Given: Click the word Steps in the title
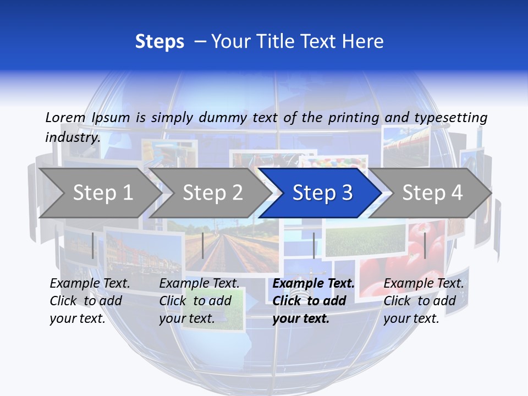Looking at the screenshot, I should tap(159, 42).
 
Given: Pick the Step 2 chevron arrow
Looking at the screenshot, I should tap(209, 193).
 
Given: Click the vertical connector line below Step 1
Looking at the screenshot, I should tap(93, 245).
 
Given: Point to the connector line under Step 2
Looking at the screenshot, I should tap(203, 245).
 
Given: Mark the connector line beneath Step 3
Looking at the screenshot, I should tap(314, 245).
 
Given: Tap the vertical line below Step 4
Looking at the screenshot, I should tap(425, 245).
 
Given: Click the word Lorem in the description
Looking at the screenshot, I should tap(65, 117).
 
